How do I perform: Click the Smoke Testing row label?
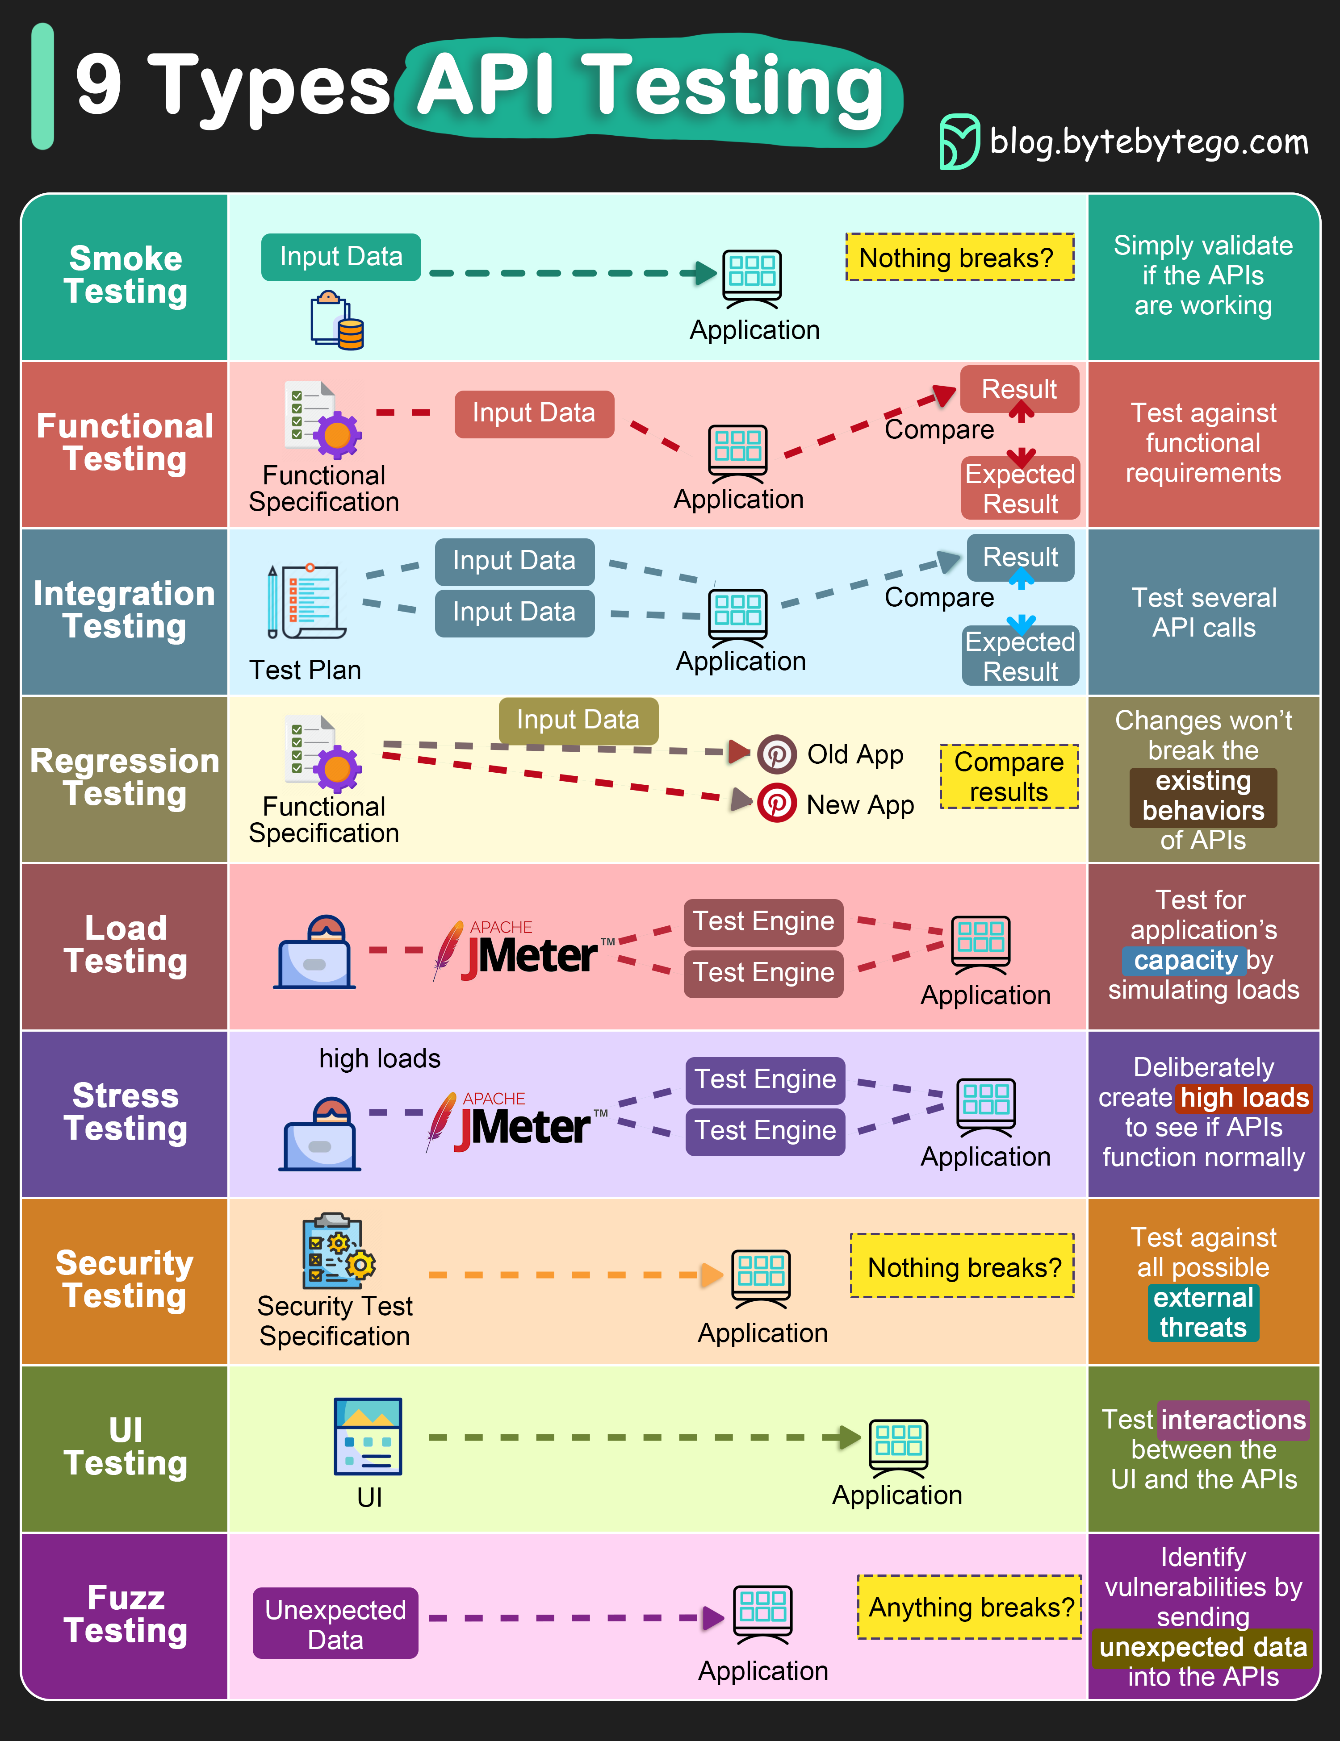pyautogui.click(x=125, y=275)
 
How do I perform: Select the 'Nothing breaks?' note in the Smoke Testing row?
pyautogui.click(x=959, y=258)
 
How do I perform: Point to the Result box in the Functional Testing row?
pyautogui.click(x=1019, y=389)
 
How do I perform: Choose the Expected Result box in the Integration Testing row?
pyautogui.click(x=1020, y=656)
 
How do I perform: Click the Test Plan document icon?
pyautogui.click(x=307, y=602)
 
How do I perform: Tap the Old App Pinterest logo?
pyautogui.click(x=776, y=754)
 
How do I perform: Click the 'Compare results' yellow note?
pyautogui.click(x=1009, y=776)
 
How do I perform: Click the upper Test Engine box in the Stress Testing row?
pyautogui.click(x=765, y=1079)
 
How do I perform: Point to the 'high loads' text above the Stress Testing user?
pyautogui.click(x=380, y=1058)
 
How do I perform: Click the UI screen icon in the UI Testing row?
pyautogui.click(x=368, y=1437)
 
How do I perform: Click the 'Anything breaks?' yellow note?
pyautogui.click(x=970, y=1607)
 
